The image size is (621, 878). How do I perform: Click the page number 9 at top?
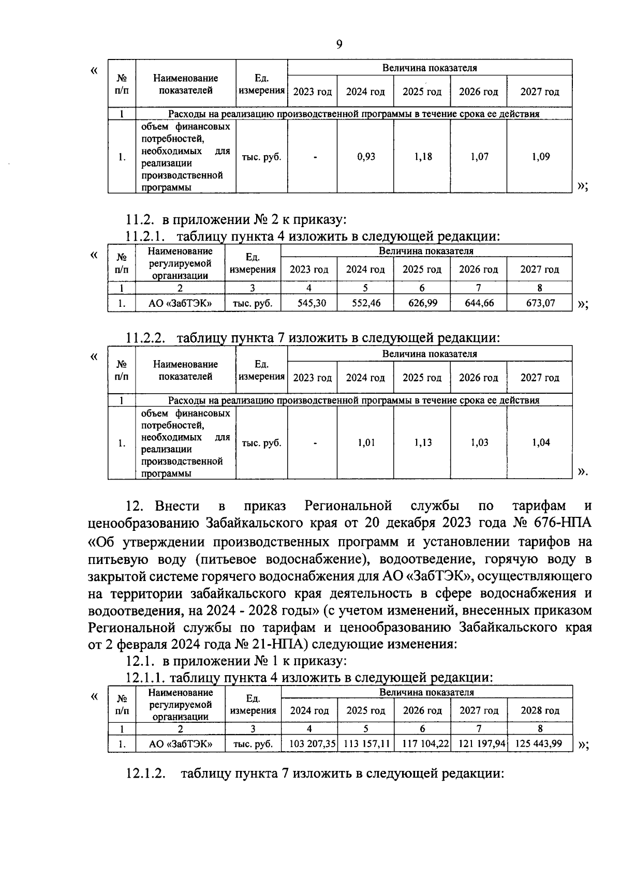[x=339, y=44]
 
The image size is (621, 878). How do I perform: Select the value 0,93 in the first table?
[x=366, y=157]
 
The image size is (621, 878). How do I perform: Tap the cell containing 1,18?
[x=423, y=157]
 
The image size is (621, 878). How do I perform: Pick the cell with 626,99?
[x=423, y=303]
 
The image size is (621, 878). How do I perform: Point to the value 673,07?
[x=540, y=303]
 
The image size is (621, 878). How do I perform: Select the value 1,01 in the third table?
[x=366, y=443]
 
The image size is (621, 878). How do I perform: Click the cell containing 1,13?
[x=423, y=443]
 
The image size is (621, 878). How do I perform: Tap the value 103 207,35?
[x=310, y=745]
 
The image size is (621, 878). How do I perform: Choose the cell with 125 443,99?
[x=540, y=745]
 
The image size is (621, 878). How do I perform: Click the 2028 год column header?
[x=540, y=711]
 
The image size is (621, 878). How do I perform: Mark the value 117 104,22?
[x=423, y=745]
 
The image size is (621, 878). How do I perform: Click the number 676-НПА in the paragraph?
[x=562, y=523]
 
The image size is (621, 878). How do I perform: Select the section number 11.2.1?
[x=145, y=237]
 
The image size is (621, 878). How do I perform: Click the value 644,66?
[x=479, y=303]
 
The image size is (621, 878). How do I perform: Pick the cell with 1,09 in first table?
[x=540, y=157]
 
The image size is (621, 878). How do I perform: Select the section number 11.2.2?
[x=145, y=338]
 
